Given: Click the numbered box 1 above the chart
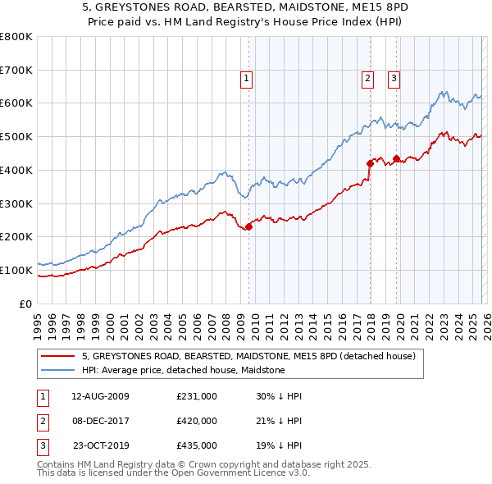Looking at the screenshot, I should pyautogui.click(x=247, y=79).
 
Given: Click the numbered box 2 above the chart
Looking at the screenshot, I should pyautogui.click(x=367, y=79).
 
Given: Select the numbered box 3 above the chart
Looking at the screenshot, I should pyautogui.click(x=394, y=79).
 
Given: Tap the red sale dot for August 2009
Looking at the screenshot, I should pyautogui.click(x=248, y=227).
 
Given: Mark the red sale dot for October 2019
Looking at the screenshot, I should pyautogui.click(x=396, y=158).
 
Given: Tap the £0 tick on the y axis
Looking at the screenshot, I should pyautogui.click(x=25, y=304).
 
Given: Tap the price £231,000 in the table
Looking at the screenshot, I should pyautogui.click(x=196, y=396).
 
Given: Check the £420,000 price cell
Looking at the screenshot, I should pyautogui.click(x=196, y=421).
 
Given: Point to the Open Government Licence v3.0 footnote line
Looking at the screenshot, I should pyautogui.click(x=173, y=474).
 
